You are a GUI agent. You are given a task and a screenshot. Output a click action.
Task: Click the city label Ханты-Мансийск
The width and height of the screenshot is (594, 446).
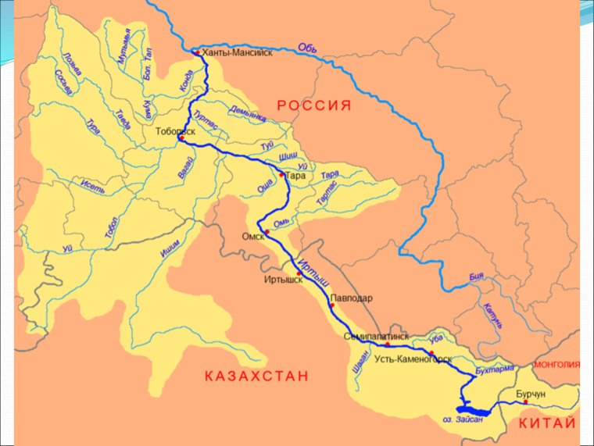pos(238,53)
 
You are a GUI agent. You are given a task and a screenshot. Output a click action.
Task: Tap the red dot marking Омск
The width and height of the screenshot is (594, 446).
pos(267,232)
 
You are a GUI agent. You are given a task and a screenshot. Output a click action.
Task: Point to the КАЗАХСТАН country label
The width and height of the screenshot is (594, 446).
pos(256,375)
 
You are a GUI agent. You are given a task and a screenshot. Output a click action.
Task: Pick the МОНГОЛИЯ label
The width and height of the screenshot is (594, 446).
pos(556,364)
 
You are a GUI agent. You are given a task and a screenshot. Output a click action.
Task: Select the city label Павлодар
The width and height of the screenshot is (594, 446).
pos(351,298)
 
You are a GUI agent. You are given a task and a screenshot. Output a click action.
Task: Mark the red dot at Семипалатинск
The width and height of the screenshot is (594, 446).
pos(387,344)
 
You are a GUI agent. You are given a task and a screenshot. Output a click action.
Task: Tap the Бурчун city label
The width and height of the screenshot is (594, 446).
pos(530,395)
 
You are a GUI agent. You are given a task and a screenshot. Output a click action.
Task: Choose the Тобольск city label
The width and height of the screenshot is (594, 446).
pos(176,130)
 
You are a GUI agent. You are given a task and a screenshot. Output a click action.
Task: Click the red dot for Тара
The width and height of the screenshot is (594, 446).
pos(282,174)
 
